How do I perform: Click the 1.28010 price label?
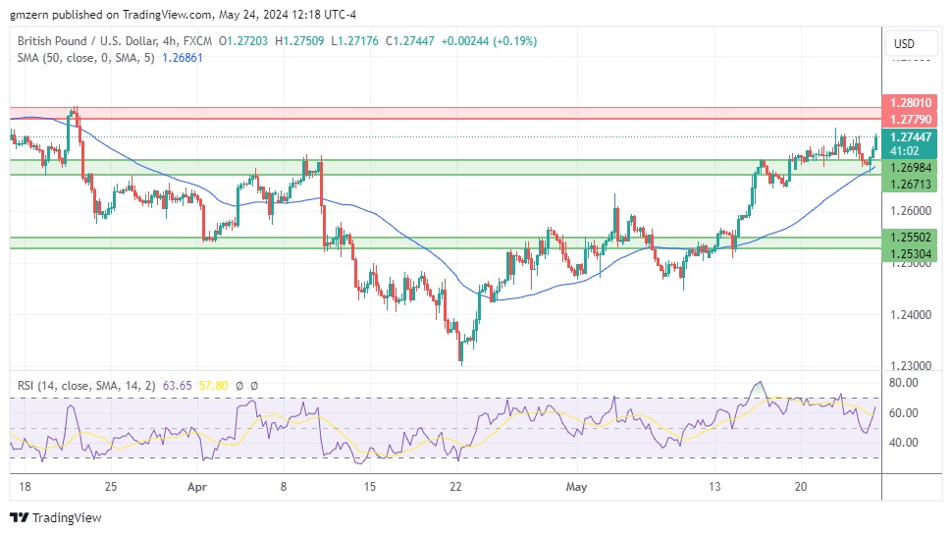(911, 102)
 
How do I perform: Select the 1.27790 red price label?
(911, 119)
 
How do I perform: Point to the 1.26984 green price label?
(911, 168)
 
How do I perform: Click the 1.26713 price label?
(911, 184)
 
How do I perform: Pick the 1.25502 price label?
(911, 237)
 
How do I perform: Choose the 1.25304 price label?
(911, 253)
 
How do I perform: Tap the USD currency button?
(903, 43)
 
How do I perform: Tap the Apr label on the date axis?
(197, 486)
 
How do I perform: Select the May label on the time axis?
(575, 486)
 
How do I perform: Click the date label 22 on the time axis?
(455, 486)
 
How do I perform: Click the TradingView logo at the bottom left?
(56, 517)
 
